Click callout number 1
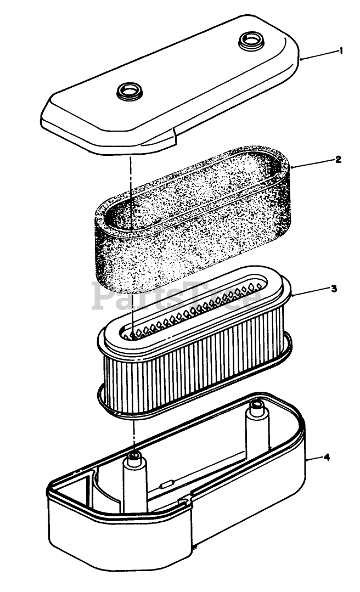pyautogui.click(x=341, y=50)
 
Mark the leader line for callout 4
pyautogui.click(x=315, y=459)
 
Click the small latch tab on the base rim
pyautogui.click(x=183, y=501)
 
